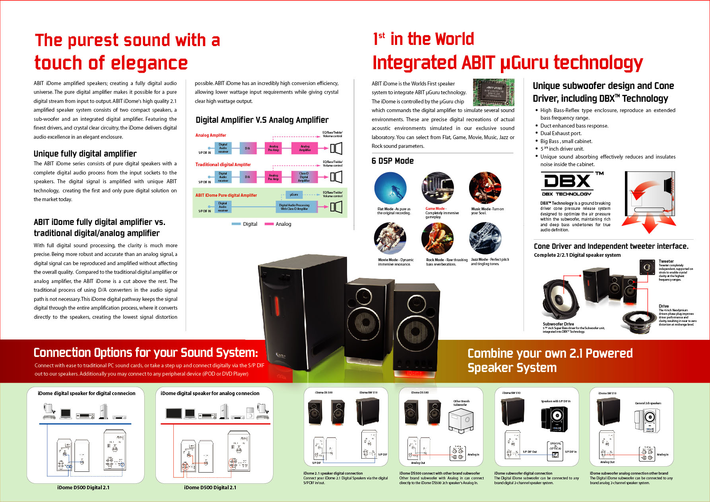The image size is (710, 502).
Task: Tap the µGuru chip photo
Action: click(493, 92)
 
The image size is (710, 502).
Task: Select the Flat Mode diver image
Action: click(390, 188)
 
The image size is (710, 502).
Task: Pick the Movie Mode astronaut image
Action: click(390, 238)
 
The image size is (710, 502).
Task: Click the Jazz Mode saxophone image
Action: click(485, 238)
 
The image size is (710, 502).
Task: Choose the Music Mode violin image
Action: click(485, 188)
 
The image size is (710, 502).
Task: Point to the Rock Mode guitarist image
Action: click(437, 238)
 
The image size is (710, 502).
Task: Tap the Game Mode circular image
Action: click(437, 188)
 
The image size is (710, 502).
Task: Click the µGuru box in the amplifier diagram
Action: click(294, 195)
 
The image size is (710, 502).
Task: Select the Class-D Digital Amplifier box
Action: click(304, 177)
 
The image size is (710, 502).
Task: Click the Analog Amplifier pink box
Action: click(305, 148)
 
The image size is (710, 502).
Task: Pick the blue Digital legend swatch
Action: click(236, 224)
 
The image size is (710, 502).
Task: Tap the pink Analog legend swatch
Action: click(269, 224)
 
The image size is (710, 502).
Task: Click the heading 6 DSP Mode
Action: click(393, 161)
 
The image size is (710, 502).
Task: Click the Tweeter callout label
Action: click(666, 261)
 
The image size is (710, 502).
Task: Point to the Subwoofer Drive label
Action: click(558, 324)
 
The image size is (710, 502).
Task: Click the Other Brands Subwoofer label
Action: click(461, 403)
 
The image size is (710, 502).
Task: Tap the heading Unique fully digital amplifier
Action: click(85, 154)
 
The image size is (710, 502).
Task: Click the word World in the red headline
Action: click(454, 39)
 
